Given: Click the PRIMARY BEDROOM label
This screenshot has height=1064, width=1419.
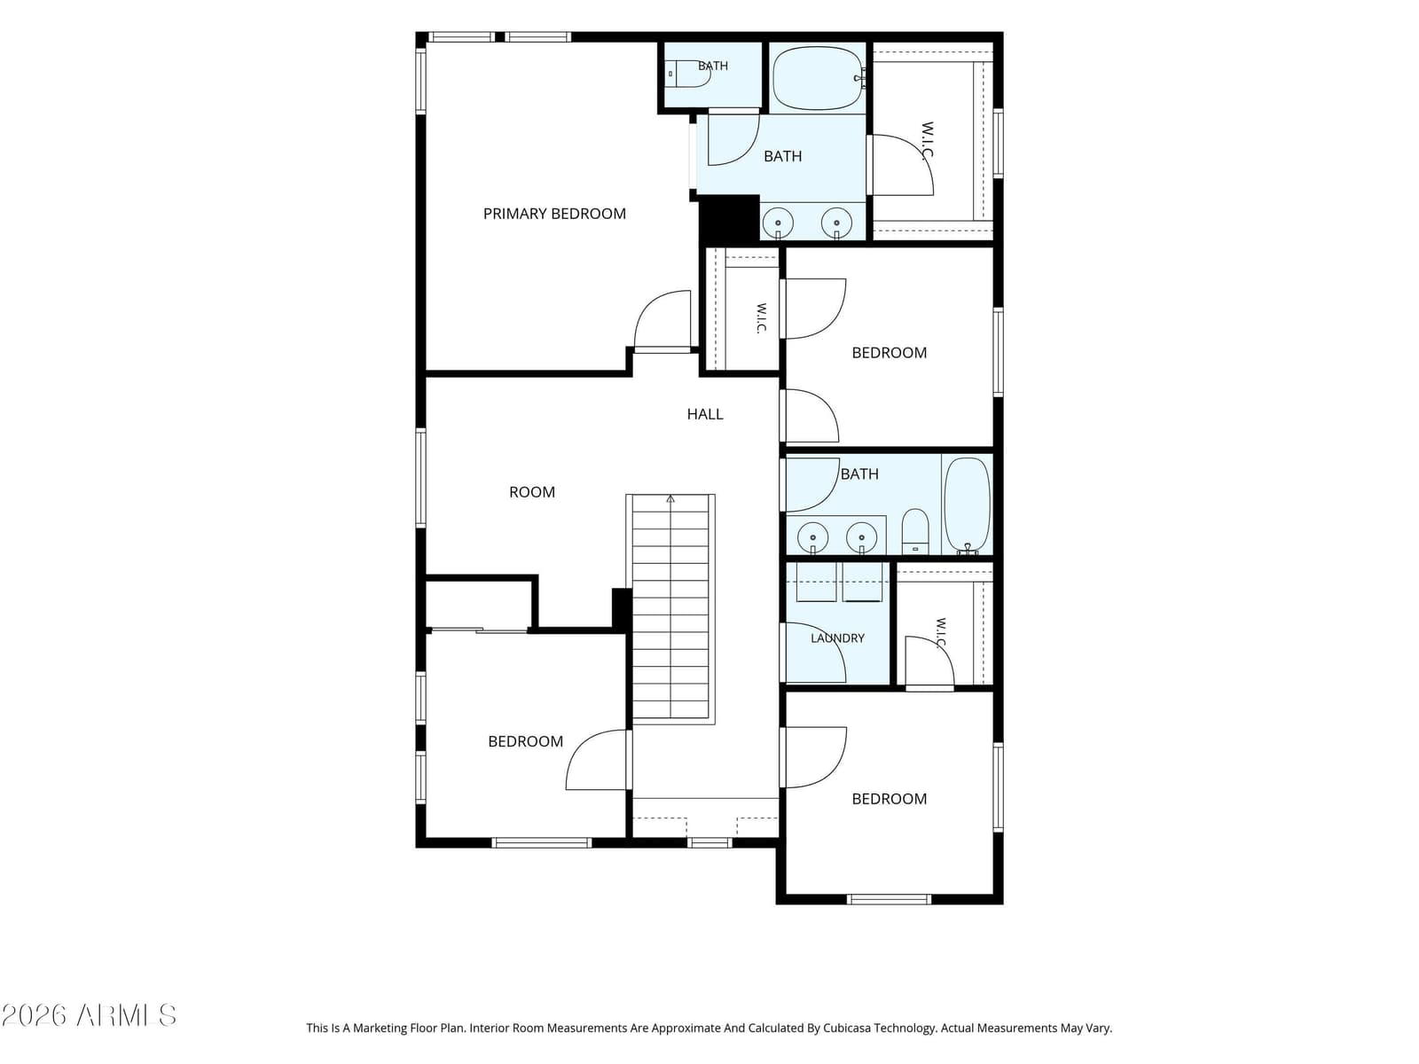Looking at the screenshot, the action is click(554, 214).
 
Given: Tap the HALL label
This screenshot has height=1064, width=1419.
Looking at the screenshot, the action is click(705, 414).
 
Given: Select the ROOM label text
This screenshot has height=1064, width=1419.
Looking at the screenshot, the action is click(531, 492).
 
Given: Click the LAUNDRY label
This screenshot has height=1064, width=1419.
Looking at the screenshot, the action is click(837, 638).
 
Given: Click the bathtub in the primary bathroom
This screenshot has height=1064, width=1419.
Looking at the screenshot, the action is click(819, 78).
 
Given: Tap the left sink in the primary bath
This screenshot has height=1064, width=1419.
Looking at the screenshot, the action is click(778, 223).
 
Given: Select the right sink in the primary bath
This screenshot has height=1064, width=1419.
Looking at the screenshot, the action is click(836, 223).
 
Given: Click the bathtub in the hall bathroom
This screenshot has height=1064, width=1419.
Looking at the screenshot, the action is click(967, 505).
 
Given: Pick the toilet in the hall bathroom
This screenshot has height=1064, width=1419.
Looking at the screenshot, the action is click(914, 531).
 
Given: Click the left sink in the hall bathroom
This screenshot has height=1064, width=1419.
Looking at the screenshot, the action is click(812, 537).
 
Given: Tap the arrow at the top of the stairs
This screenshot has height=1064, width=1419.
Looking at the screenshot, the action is click(670, 498).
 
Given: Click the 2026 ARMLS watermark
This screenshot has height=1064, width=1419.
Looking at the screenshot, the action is click(89, 1015).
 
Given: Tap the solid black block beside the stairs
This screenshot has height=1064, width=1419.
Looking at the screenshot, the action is click(622, 608).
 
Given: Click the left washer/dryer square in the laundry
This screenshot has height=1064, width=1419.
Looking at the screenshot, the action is click(816, 582).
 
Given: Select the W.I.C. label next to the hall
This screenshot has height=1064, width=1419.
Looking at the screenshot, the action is click(761, 318).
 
